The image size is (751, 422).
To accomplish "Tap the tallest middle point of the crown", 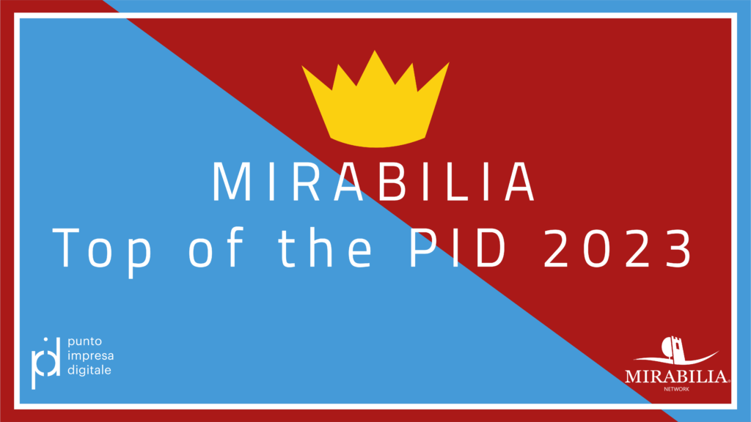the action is (x=375, y=51).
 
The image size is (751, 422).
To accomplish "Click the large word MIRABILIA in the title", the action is (x=373, y=182).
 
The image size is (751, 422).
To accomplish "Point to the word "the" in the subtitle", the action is (x=326, y=248).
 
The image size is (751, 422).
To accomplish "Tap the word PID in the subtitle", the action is (x=458, y=248).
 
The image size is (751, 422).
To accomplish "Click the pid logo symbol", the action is (x=46, y=363).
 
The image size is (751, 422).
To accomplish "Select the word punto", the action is (x=85, y=342).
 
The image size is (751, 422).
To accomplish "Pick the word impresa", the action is (x=90, y=357).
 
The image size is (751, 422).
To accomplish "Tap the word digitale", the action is (x=89, y=370).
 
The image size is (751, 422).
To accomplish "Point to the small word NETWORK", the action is (x=676, y=389).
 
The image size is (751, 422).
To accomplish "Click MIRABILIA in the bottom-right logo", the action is (x=677, y=377).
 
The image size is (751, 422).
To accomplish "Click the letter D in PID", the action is (x=490, y=248).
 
